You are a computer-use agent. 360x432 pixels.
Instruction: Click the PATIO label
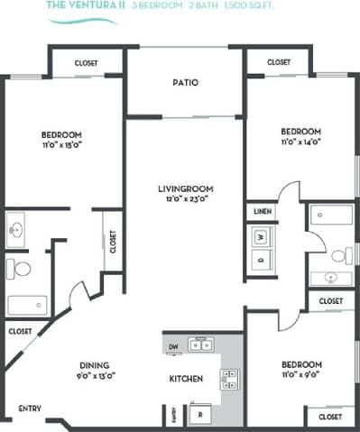coord(185,83)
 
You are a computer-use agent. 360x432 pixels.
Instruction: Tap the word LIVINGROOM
coord(185,188)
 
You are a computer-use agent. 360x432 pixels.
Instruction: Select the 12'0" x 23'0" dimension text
coord(185,199)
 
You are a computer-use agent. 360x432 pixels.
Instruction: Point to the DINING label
coord(95,365)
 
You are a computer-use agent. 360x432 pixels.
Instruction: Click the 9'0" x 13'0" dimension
coord(95,375)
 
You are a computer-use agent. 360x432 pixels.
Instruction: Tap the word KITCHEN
coord(186,378)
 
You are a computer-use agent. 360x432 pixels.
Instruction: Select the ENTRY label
coord(29,408)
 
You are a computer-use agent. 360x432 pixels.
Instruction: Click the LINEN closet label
coord(262,211)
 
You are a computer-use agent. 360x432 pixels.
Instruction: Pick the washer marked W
coord(261,237)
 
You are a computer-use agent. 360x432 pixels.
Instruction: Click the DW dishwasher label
coord(172,345)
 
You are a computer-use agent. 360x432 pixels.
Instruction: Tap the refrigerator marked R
coord(199,415)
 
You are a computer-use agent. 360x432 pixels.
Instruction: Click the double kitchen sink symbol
coord(199,344)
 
